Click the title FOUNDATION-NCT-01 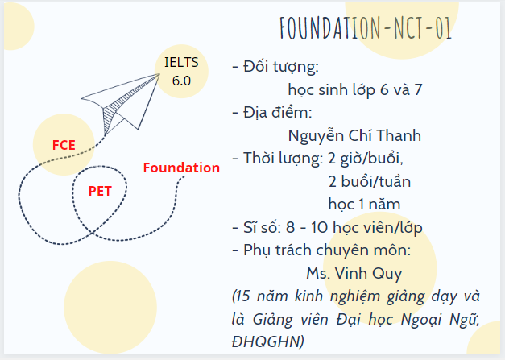click(x=365, y=28)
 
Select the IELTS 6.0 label click(x=181, y=71)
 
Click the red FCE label click(x=64, y=145)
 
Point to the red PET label click(x=100, y=192)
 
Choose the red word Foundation click(x=181, y=168)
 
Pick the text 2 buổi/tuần click(x=365, y=180)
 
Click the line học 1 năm click(x=364, y=204)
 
